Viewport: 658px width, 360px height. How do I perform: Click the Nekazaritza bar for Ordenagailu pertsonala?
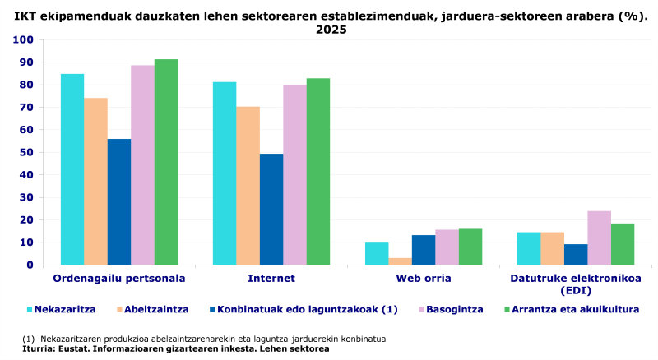72,169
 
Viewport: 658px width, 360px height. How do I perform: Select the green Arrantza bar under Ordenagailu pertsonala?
166,162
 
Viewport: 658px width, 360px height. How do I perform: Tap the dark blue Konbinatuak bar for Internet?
271,209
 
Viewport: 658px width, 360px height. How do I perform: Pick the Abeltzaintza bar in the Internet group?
248,186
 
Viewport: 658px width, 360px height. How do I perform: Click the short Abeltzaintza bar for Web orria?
401,261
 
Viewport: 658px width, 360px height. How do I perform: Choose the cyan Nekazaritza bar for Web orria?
377,253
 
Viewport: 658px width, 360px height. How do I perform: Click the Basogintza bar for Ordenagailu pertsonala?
142,164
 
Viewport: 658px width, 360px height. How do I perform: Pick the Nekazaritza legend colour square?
30,310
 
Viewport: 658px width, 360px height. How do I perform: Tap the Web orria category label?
423,279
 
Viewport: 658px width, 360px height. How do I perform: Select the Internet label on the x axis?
271,279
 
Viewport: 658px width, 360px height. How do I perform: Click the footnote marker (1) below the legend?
28,339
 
